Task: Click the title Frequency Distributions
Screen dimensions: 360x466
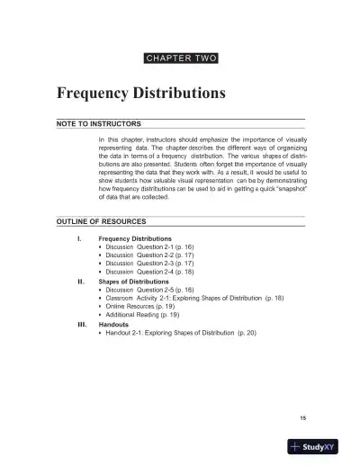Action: [x=140, y=93]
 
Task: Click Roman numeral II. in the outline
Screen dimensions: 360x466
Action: [x=81, y=280]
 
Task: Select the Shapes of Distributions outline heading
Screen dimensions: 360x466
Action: [x=136, y=281]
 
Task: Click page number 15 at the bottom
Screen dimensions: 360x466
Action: [x=303, y=417]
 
